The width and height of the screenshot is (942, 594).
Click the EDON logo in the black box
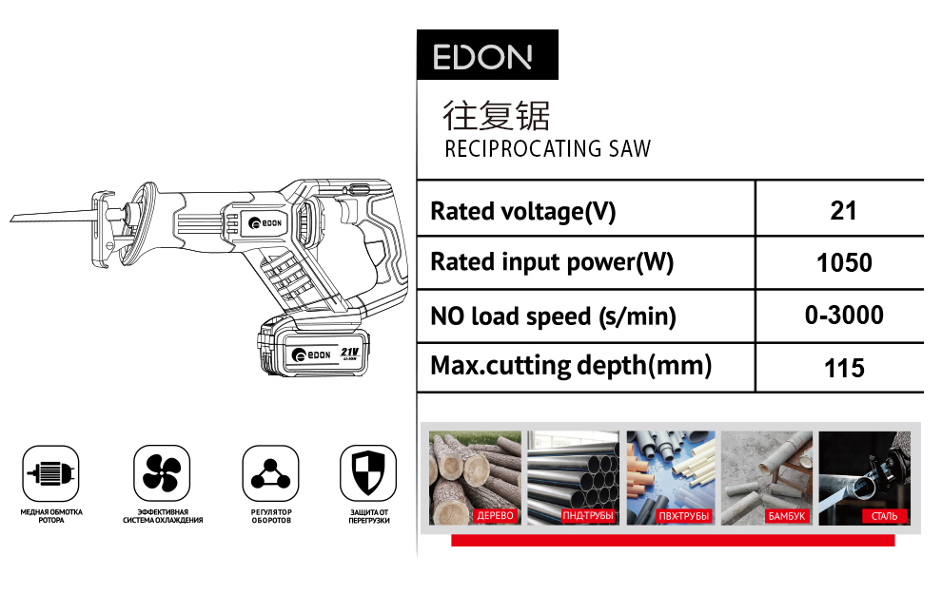click(482, 57)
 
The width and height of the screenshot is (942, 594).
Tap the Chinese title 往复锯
click(497, 116)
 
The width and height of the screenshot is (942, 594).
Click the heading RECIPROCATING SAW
click(547, 149)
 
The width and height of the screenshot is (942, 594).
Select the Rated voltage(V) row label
click(523, 212)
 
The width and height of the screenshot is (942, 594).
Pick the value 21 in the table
click(843, 211)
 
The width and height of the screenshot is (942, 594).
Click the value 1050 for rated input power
click(844, 263)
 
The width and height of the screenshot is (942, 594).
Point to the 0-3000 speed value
click(844, 315)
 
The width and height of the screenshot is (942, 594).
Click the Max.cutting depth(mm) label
click(571, 366)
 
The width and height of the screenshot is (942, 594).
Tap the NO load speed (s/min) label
click(553, 316)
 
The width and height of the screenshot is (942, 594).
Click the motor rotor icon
click(51, 473)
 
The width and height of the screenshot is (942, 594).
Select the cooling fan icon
click(162, 473)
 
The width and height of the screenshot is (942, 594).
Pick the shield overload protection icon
click(368, 473)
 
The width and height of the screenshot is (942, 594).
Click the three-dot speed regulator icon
click(270, 473)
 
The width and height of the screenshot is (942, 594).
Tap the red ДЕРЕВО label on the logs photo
click(495, 515)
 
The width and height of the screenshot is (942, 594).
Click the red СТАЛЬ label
click(884, 516)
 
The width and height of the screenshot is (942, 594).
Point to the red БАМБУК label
click(786, 516)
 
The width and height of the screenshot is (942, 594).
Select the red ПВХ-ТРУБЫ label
click(684, 516)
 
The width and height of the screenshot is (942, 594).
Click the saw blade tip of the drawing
click(11, 220)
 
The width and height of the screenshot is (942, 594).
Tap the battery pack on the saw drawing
click(313, 345)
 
